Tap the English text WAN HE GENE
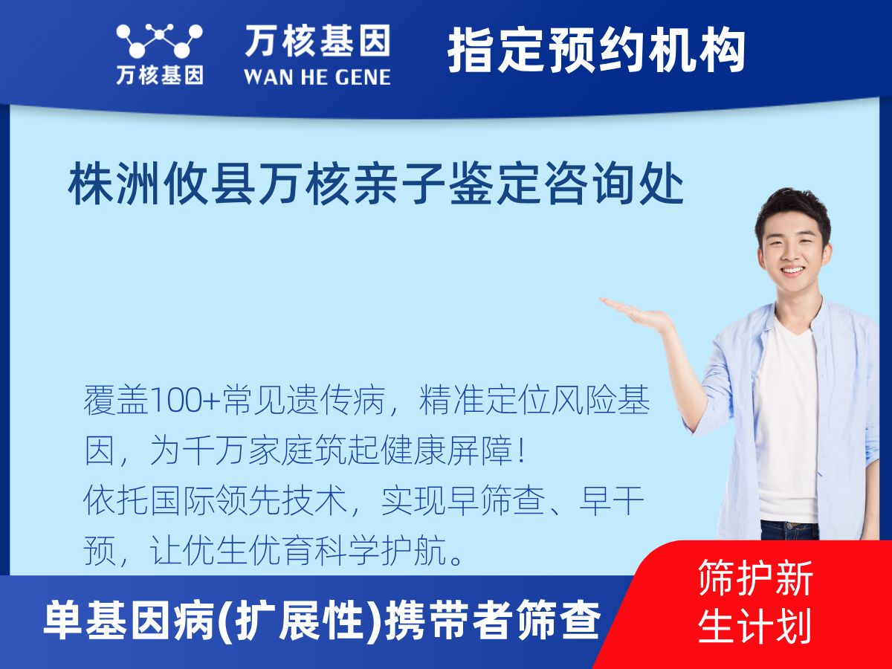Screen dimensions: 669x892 tap(317, 76)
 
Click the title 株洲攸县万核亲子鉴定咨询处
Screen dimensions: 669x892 tap(376, 186)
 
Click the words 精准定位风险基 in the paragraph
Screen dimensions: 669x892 tap(535, 403)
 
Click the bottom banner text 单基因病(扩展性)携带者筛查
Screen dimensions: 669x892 tap(321, 621)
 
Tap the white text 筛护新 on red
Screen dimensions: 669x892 tap(755, 579)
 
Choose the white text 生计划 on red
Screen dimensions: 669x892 tap(755, 626)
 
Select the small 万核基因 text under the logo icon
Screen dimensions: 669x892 tap(159, 75)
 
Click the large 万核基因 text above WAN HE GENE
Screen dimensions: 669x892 tap(317, 41)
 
